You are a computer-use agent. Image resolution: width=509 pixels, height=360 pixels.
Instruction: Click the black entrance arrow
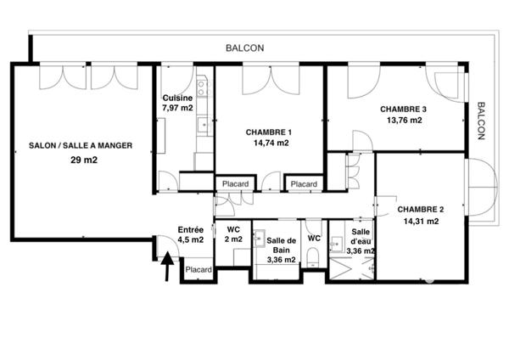167,270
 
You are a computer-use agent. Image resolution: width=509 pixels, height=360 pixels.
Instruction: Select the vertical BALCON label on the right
481,121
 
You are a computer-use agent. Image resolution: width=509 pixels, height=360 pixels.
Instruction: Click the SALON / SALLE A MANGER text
80,145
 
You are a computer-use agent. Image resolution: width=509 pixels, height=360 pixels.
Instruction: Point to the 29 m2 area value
81,160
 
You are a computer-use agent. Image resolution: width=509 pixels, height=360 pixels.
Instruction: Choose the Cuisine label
177,98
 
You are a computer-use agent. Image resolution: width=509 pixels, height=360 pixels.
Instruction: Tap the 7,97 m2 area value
177,108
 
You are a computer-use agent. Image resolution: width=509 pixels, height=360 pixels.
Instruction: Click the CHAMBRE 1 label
269,132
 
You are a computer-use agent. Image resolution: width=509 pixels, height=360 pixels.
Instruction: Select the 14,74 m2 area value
271,143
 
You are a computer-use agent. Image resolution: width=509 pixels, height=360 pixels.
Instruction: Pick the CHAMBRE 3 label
403,109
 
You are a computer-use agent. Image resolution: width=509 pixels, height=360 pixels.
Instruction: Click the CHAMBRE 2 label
421,210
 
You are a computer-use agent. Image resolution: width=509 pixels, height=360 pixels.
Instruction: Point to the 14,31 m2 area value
421,222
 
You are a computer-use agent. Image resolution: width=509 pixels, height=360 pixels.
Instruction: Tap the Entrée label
190,229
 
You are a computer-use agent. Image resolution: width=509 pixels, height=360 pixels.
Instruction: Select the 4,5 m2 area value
190,239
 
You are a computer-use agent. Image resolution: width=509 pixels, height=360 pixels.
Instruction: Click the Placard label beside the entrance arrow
199,270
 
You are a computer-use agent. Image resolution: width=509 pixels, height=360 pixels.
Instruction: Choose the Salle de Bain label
281,245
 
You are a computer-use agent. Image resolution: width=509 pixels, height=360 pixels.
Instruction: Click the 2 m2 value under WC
233,239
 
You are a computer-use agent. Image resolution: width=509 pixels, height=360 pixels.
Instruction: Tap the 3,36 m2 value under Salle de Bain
281,260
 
